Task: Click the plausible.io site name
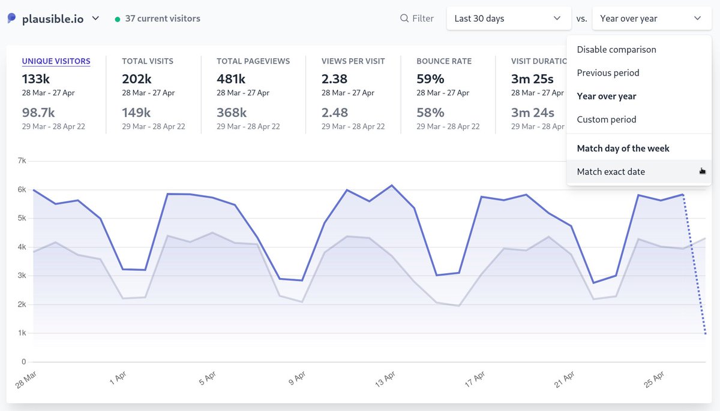tap(53, 19)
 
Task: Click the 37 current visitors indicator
tap(162, 19)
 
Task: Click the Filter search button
tap(417, 19)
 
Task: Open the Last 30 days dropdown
tap(508, 19)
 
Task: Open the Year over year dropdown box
tap(651, 19)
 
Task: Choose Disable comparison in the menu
tap(616, 50)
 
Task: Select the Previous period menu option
tap(608, 73)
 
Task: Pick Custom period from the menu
tap(606, 120)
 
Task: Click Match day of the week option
tap(623, 149)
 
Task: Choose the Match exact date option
tap(611, 172)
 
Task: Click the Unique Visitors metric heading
tap(56, 61)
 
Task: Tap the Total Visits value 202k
tap(136, 78)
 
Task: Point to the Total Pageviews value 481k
tap(231, 78)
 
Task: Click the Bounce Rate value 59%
tap(430, 78)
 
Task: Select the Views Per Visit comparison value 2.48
tap(334, 113)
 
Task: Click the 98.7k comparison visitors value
tap(38, 113)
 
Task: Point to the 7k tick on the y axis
tap(22, 161)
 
